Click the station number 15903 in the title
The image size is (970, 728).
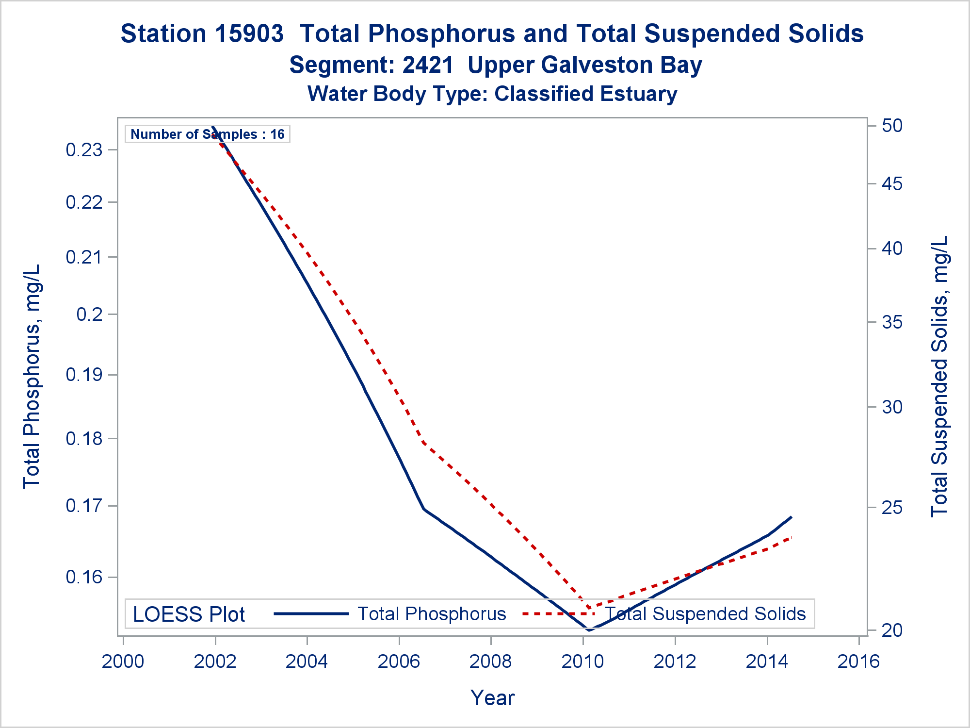pyautogui.click(x=250, y=34)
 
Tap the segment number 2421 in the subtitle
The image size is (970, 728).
pyautogui.click(x=428, y=65)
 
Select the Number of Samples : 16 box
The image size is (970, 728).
pyautogui.click(x=208, y=134)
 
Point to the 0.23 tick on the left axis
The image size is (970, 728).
pyautogui.click(x=84, y=150)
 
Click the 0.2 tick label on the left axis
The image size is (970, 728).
pyautogui.click(x=90, y=314)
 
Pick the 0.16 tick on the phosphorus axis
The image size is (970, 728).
pyautogui.click(x=84, y=577)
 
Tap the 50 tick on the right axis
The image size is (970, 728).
pyautogui.click(x=892, y=126)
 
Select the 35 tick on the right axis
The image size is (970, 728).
pyautogui.click(x=892, y=322)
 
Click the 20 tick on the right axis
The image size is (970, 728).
pyautogui.click(x=892, y=630)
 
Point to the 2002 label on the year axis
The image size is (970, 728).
pyautogui.click(x=215, y=662)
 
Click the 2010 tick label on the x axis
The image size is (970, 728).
pyautogui.click(x=582, y=662)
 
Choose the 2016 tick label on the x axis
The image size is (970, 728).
pyautogui.click(x=858, y=662)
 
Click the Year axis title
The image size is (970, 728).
pyautogui.click(x=492, y=698)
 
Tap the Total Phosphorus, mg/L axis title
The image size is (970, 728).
pyautogui.click(x=32, y=376)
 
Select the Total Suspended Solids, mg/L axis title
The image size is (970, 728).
pyautogui.click(x=939, y=376)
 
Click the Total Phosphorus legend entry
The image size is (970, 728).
pyautogui.click(x=432, y=614)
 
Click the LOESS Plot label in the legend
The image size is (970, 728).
pyautogui.click(x=189, y=614)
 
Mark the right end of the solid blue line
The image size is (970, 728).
pyautogui.click(x=791, y=517)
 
